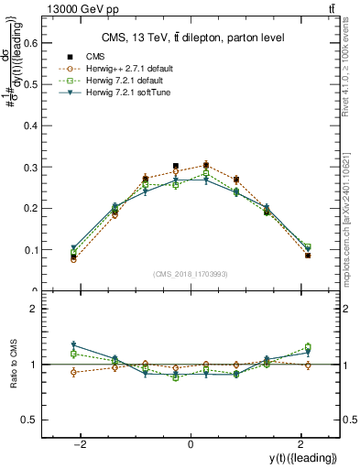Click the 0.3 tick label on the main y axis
pos(42,167)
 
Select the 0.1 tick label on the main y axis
pos(42,249)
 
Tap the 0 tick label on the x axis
pos(191,443)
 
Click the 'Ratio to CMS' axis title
pos(16,365)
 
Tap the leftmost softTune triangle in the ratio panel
pos(73,345)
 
